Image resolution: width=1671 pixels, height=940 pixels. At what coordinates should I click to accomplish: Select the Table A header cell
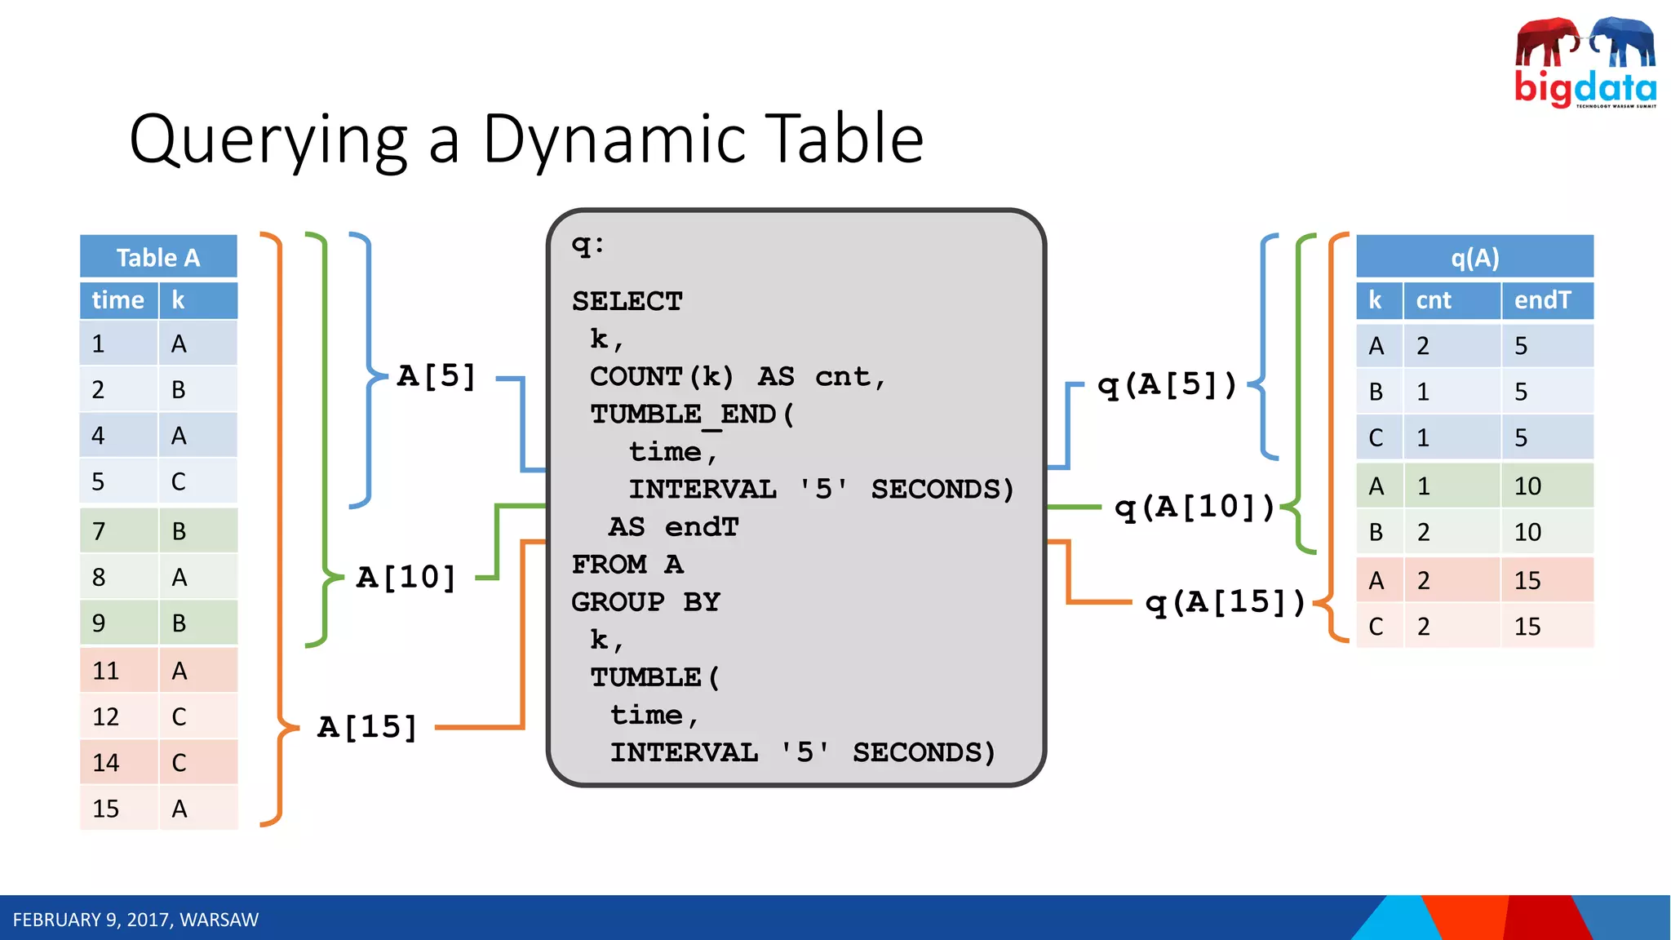158,257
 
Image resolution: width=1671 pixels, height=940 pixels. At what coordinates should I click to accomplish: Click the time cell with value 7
100,531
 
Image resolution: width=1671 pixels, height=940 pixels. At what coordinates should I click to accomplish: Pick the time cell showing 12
106,716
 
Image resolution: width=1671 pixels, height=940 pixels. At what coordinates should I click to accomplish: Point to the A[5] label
437,376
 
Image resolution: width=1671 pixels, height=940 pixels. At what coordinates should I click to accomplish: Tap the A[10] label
406,577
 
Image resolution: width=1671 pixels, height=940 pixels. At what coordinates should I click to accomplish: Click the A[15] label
367,726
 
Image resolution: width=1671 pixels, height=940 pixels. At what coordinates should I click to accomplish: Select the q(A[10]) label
1195,507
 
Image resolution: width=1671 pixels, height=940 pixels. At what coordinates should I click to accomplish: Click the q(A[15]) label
1225,602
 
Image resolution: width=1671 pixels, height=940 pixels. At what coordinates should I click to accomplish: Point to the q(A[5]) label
1167,384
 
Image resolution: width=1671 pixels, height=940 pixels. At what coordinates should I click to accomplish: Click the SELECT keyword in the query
627,301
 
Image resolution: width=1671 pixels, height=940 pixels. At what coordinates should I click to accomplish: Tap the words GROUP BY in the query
645,602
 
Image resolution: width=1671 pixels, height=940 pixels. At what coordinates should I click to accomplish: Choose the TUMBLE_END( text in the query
691,414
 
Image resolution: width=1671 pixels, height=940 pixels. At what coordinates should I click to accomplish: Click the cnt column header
1434,300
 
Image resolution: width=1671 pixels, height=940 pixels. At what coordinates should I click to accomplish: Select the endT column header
1542,300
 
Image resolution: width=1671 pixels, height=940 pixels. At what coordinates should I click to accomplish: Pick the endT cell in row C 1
1521,438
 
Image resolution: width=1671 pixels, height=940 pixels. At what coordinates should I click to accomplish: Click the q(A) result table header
1474,258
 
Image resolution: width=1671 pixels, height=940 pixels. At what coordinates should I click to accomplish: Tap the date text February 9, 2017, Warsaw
135,920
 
